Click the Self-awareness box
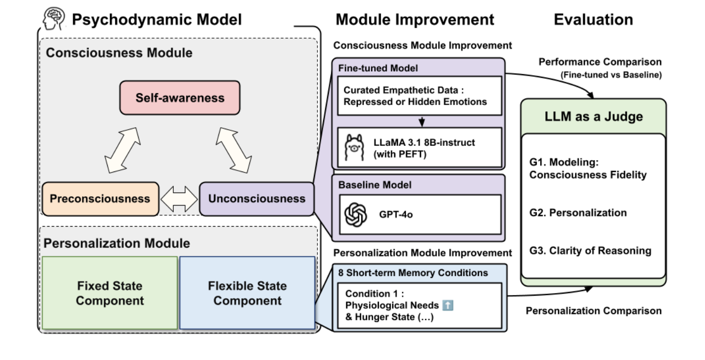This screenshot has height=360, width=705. click(x=180, y=97)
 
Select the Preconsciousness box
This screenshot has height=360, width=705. click(x=99, y=198)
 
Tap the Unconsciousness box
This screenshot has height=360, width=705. click(x=257, y=198)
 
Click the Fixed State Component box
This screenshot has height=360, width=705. click(x=110, y=293)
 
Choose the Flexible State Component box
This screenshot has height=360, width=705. click(x=247, y=293)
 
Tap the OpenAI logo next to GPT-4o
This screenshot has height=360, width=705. click(x=356, y=214)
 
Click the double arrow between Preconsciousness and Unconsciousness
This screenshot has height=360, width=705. click(x=179, y=199)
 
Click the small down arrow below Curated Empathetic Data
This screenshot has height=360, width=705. click(x=422, y=121)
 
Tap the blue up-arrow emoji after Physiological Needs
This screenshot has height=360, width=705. click(x=448, y=305)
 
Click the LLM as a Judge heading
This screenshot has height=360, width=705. click(x=594, y=116)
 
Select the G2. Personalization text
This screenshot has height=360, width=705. click(x=578, y=213)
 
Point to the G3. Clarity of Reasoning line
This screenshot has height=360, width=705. click(x=590, y=251)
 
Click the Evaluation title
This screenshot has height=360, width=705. click(x=593, y=20)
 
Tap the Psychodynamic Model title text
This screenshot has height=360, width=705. click(x=157, y=20)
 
